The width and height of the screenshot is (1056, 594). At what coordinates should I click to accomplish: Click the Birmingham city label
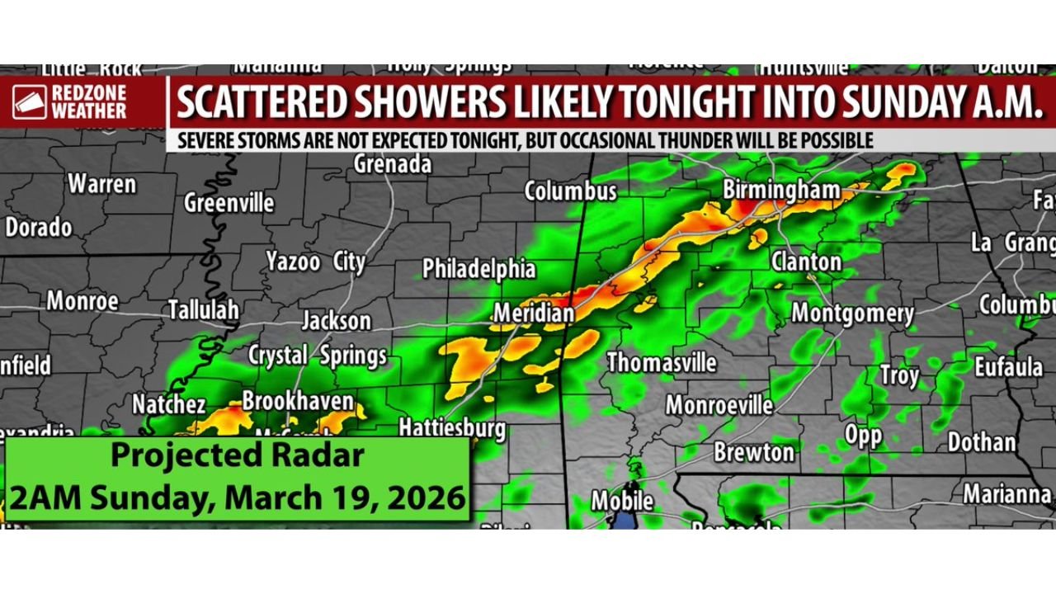coord(781,191)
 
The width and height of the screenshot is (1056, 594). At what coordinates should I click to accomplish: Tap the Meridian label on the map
coord(534,314)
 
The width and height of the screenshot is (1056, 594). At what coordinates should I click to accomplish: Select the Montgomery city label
coord(852,313)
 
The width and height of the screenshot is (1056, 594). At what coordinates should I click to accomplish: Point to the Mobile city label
coord(622,501)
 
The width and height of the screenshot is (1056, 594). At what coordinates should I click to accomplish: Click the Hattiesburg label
coord(452,427)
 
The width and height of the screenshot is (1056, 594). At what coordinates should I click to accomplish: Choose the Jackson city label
coord(336,320)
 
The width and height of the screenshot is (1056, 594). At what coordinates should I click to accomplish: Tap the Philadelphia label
coord(478,269)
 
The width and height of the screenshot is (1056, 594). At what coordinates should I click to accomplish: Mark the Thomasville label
coord(662,363)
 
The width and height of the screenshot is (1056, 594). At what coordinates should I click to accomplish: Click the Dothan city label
coord(981,442)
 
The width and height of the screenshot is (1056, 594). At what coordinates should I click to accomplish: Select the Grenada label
coord(393,164)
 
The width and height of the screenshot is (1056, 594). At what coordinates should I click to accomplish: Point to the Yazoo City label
coord(315,262)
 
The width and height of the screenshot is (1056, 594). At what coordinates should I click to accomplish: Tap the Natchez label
coord(169,404)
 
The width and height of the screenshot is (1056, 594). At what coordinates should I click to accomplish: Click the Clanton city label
coord(806,262)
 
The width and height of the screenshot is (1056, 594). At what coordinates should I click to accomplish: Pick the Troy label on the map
coord(898,376)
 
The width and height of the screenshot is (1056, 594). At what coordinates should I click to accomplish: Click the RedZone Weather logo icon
coord(30,103)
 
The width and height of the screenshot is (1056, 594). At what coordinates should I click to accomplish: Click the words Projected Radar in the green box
coord(238,455)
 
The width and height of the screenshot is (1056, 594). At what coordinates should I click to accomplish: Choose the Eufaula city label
coord(1008,366)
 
